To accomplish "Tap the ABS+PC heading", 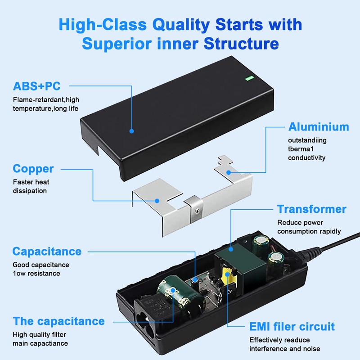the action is coord(37,86).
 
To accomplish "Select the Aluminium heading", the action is coord(319,126).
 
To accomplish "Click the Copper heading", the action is coord(33,169).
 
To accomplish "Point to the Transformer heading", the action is coord(311,209).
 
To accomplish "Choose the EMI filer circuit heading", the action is coord(292,326).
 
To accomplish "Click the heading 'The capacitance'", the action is coord(59,321).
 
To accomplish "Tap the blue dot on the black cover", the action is coord(132,131).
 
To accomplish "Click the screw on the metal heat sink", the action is coord(196,208).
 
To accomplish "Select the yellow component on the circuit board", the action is coord(228,275).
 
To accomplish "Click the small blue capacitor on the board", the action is coord(195,280).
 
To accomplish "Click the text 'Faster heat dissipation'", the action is coord(31,186).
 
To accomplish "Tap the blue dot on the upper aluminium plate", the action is coord(229,172).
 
